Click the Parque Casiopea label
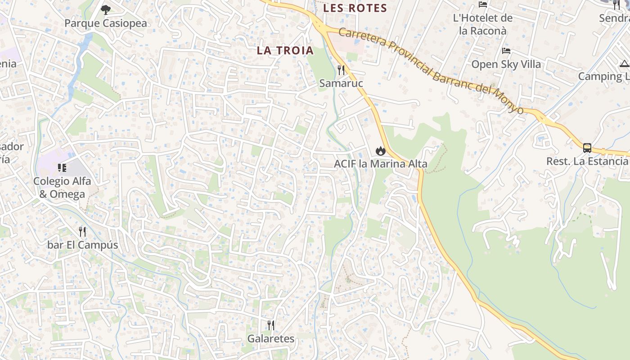pyautogui.click(x=106, y=23)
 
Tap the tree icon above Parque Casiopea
pyautogui.click(x=106, y=9)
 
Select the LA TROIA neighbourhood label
pyautogui.click(x=285, y=50)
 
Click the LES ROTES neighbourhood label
pyautogui.click(x=355, y=8)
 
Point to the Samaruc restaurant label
pyautogui.click(x=341, y=83)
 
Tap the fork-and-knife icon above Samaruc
pyautogui.click(x=341, y=70)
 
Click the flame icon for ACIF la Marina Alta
pyautogui.click(x=381, y=151)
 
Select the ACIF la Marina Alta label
pyautogui.click(x=381, y=164)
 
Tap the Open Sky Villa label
pyautogui.click(x=506, y=64)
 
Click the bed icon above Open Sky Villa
pyautogui.click(x=506, y=51)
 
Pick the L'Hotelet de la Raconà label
pyautogui.click(x=482, y=24)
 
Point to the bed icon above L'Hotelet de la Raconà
pyautogui.click(x=483, y=5)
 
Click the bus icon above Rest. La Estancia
pyautogui.click(x=587, y=148)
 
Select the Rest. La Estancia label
pyautogui.click(x=587, y=161)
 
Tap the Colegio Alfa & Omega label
pyautogui.click(x=62, y=188)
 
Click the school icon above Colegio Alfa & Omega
pyautogui.click(x=62, y=168)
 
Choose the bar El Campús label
pyautogui.click(x=83, y=245)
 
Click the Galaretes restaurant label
pyautogui.click(x=271, y=339)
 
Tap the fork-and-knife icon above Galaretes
pyautogui.click(x=271, y=325)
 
